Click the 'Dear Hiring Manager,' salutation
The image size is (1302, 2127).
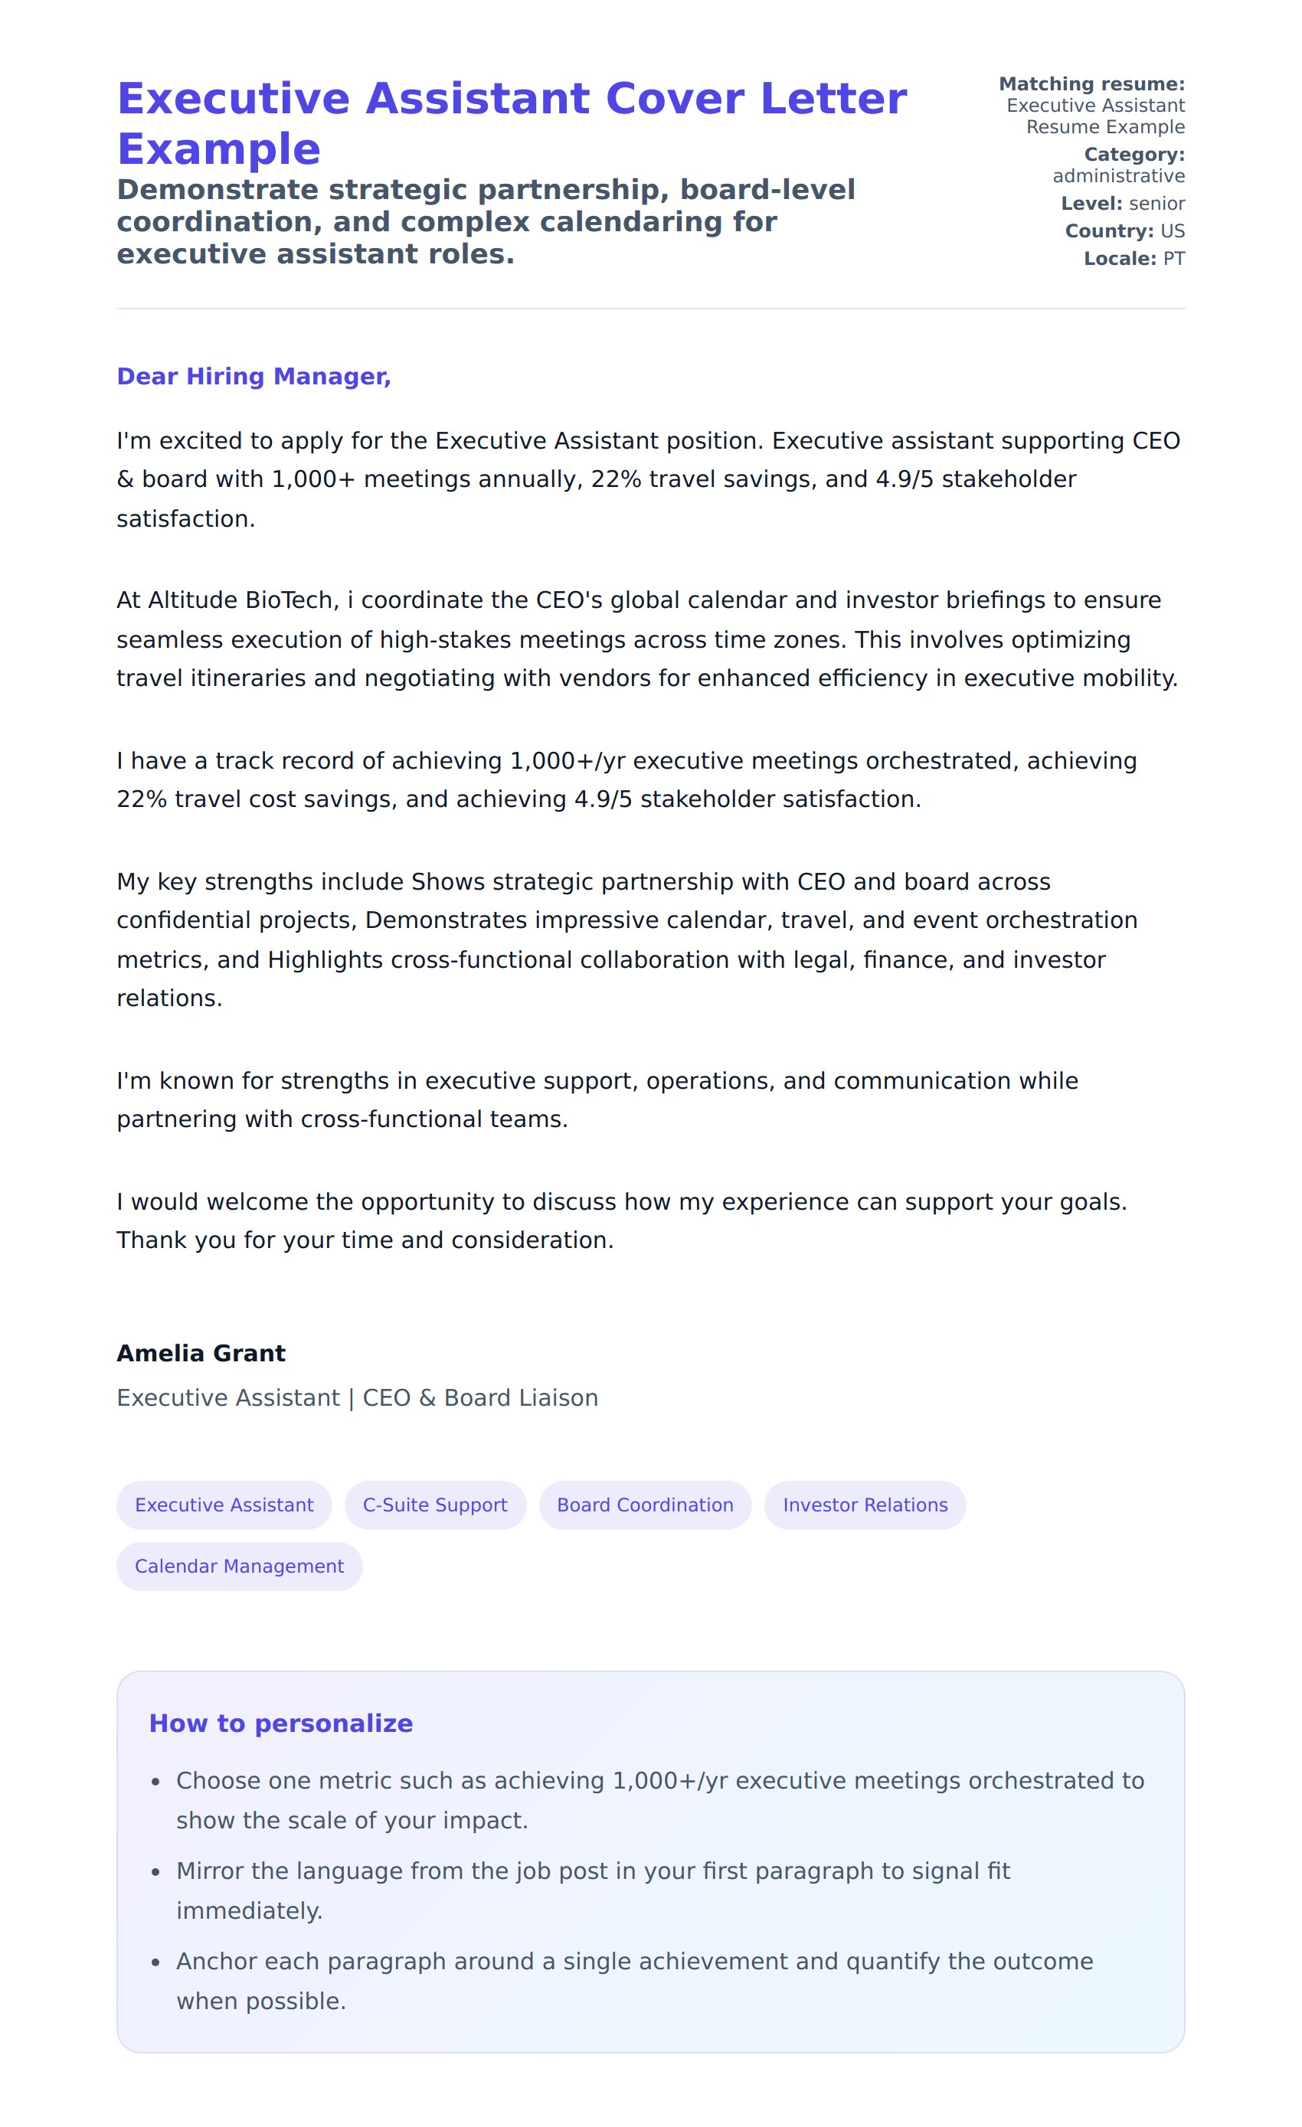click(x=253, y=377)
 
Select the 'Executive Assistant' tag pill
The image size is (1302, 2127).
click(x=224, y=1505)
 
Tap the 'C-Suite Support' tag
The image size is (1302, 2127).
click(x=434, y=1505)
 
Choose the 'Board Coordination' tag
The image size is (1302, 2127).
click(x=644, y=1505)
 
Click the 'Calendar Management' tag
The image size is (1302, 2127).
click(x=239, y=1566)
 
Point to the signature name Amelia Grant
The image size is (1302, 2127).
click(x=201, y=1353)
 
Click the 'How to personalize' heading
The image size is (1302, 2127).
click(x=280, y=1723)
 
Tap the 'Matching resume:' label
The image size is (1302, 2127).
click(x=1091, y=83)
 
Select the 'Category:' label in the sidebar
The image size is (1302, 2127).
click(x=1134, y=155)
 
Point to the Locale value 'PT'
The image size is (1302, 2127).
click(x=1173, y=259)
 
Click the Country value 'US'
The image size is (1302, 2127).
click(x=1172, y=231)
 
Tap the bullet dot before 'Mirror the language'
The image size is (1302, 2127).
click(x=155, y=1872)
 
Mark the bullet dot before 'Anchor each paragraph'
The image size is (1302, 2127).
click(x=155, y=1963)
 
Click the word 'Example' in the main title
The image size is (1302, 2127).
click(x=218, y=149)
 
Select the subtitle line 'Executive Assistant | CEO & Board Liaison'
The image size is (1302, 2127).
click(x=357, y=1397)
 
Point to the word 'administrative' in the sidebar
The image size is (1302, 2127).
click(x=1118, y=176)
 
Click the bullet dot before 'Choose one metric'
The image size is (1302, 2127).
click(x=155, y=1782)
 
